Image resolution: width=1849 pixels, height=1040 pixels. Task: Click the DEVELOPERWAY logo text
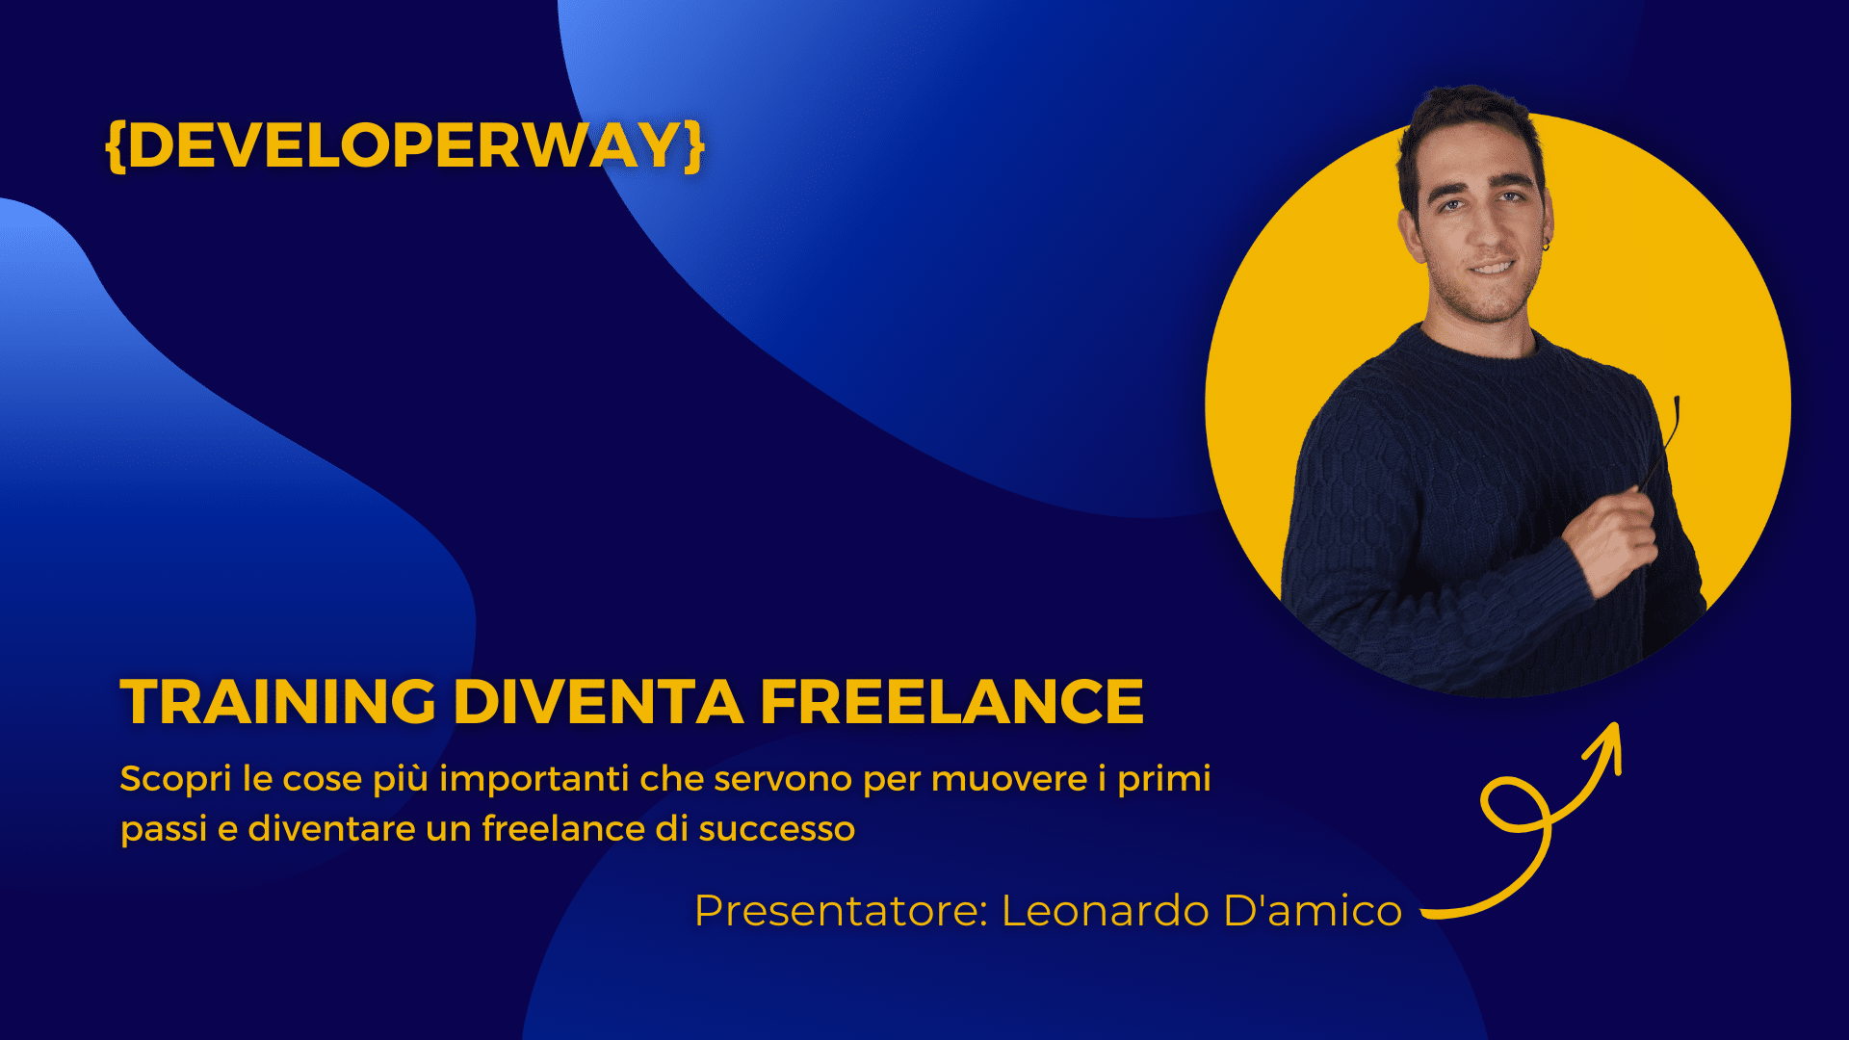[x=404, y=145]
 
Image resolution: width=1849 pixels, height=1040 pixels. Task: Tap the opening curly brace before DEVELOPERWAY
[x=116, y=146]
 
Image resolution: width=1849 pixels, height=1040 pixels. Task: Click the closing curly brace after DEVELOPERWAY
[x=694, y=146]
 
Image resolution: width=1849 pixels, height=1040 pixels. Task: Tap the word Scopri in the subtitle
[x=175, y=779]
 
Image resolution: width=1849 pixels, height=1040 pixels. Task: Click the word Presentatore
[x=841, y=911]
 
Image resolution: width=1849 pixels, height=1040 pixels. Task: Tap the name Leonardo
[x=1105, y=911]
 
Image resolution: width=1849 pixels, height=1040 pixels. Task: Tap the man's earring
[x=1547, y=246]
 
